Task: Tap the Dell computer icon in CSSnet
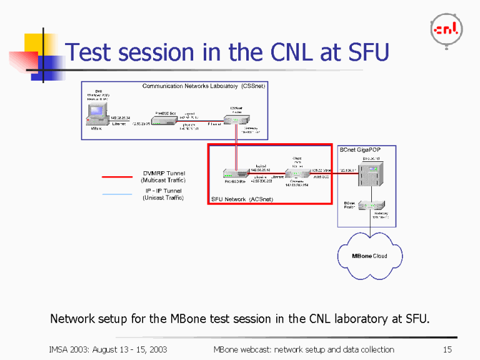[96, 114]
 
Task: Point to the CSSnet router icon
[239, 120]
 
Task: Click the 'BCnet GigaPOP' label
[359, 150]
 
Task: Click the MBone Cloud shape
[370, 256]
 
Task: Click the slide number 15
[447, 349]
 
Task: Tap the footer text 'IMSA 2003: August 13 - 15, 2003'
[107, 349]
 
